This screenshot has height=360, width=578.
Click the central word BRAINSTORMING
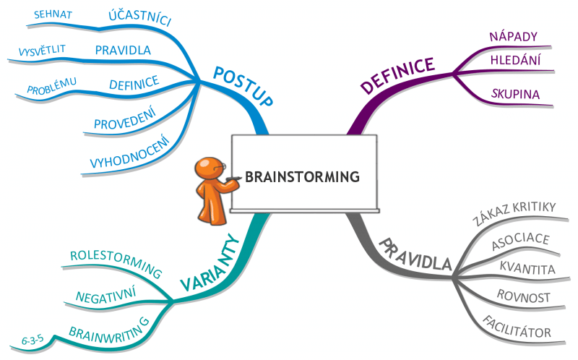pyautogui.click(x=302, y=176)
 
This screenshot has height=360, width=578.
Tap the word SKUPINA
pyautogui.click(x=516, y=94)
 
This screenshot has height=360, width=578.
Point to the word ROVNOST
pyautogui.click(x=524, y=297)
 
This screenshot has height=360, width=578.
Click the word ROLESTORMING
pyautogui.click(x=116, y=262)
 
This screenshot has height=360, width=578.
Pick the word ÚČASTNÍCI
pyautogui.click(x=139, y=17)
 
